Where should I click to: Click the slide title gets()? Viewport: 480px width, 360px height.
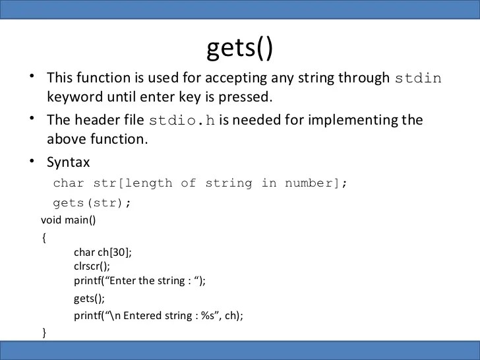240,48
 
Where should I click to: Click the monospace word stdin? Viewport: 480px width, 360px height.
418,78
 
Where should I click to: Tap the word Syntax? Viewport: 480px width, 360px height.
69,162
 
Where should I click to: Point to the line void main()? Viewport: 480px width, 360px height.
69,220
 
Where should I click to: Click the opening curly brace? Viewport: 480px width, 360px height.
44,237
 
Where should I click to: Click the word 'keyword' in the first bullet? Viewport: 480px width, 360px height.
75,98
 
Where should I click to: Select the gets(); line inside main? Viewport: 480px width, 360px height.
89,299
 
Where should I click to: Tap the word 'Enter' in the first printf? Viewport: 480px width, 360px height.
127,281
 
